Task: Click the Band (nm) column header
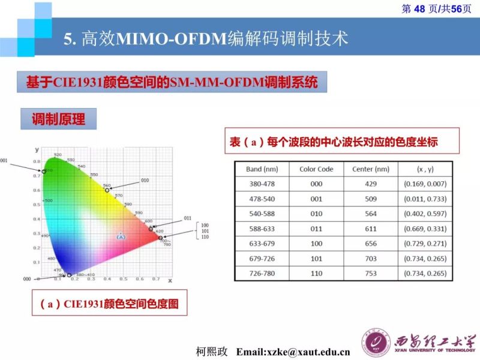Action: point(262,169)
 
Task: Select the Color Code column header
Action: point(316,169)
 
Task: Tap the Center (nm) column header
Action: point(371,169)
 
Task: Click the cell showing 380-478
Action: point(262,184)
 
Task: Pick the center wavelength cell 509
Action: point(371,199)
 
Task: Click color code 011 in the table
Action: point(316,229)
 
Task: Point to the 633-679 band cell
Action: point(262,244)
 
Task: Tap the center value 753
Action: point(371,273)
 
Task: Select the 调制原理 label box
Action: point(58,120)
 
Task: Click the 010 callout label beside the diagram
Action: point(145,180)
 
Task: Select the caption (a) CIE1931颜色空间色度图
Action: point(109,304)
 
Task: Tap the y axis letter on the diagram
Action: point(37,149)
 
